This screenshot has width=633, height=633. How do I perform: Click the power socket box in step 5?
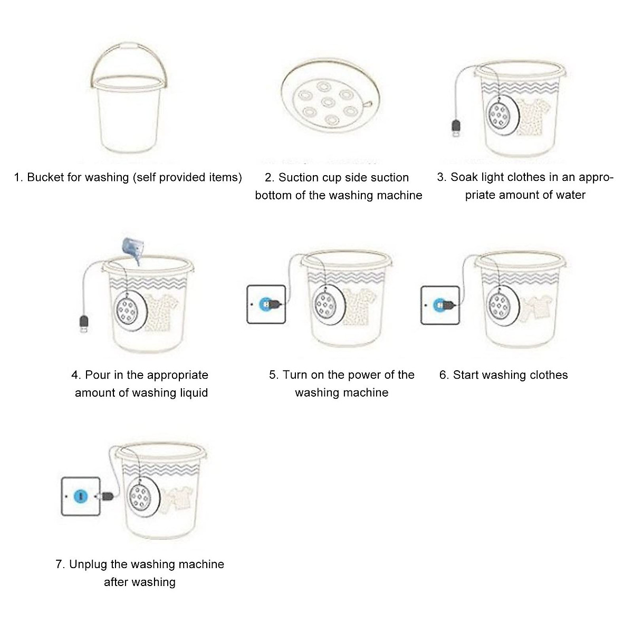tap(266, 304)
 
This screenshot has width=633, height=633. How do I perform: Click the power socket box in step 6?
tap(440, 304)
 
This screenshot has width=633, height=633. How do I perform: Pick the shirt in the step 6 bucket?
tap(533, 309)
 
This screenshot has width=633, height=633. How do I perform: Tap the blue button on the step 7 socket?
tap(80, 496)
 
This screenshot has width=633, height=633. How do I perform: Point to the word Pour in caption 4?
tap(98, 375)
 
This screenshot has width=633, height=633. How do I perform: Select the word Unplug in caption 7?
tap(88, 565)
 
